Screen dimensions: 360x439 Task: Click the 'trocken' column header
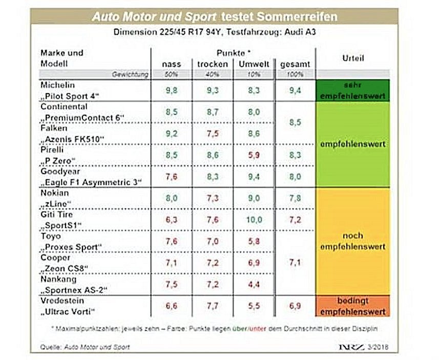tap(212, 64)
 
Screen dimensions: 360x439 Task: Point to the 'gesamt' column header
tap(295, 64)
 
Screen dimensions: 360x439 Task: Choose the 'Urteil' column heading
tap(352, 58)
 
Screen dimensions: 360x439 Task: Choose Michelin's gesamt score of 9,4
tap(295, 90)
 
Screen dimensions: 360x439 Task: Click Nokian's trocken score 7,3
tap(212, 198)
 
